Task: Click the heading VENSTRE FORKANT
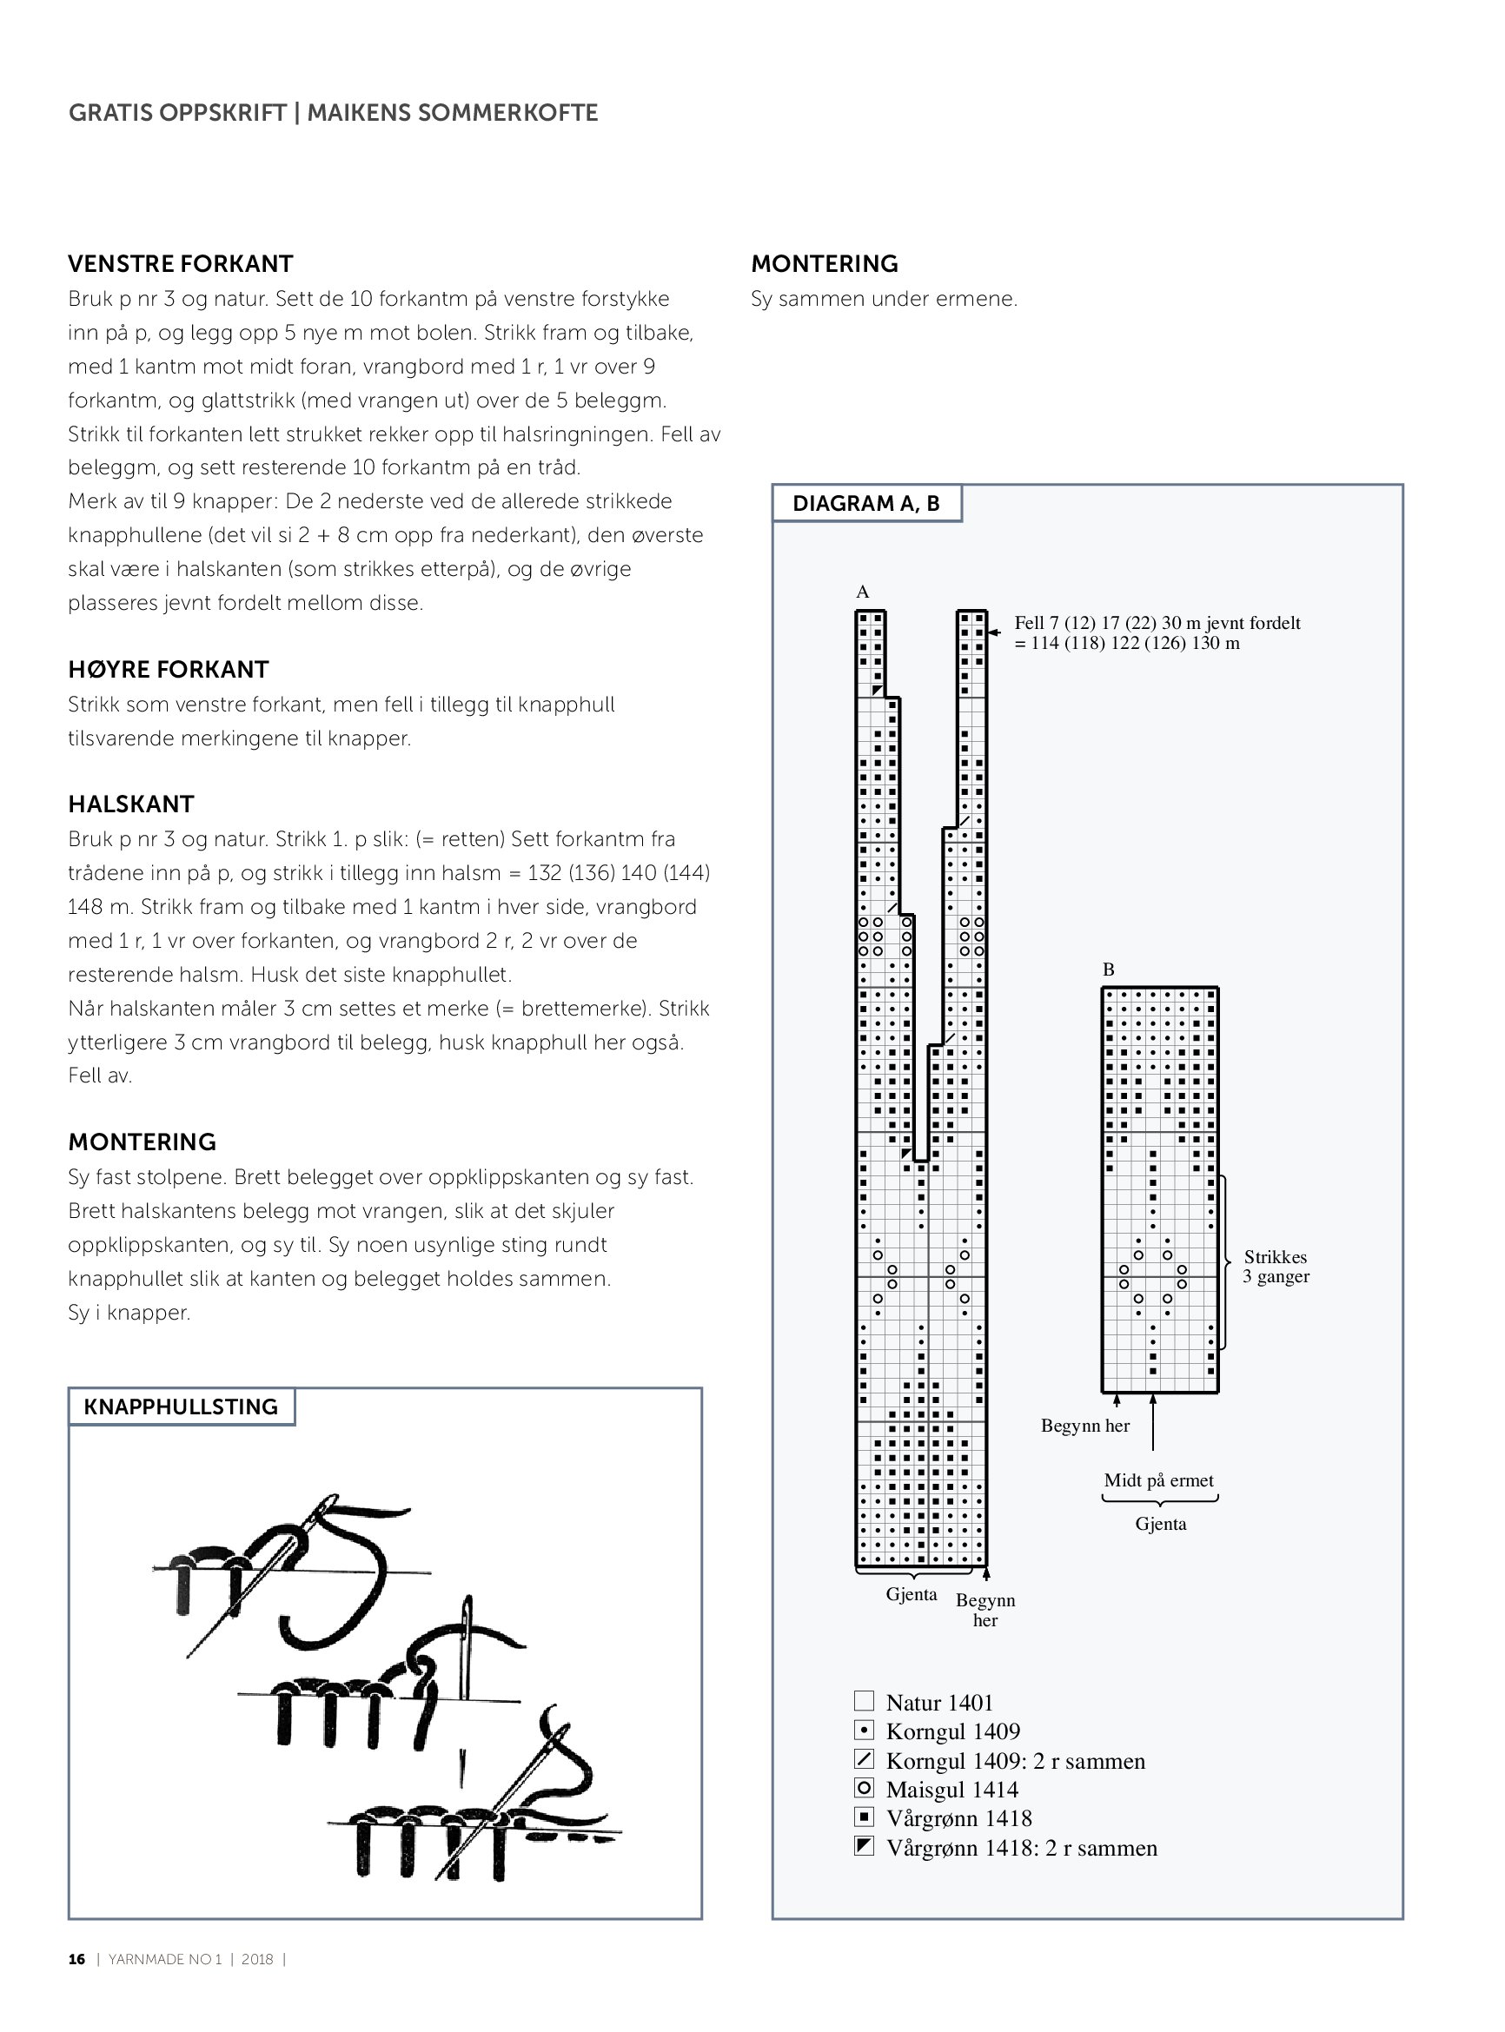click(181, 264)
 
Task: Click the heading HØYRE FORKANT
click(169, 670)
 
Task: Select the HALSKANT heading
click(131, 804)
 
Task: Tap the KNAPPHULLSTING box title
click(181, 1407)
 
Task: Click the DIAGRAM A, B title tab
click(865, 504)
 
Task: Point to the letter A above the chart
click(863, 592)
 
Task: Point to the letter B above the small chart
click(1109, 970)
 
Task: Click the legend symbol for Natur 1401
click(865, 1700)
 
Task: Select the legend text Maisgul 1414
click(952, 1790)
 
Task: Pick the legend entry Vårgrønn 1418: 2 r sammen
click(1021, 1848)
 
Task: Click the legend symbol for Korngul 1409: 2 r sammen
click(865, 1758)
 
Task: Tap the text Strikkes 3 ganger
click(1276, 1266)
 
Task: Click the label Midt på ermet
click(1159, 1480)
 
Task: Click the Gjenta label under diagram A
click(911, 1594)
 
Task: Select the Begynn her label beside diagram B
click(1085, 1426)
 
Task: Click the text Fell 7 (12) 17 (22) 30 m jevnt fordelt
click(1157, 623)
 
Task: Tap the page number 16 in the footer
click(76, 1959)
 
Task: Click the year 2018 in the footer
click(257, 1959)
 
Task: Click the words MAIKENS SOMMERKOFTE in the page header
click(452, 113)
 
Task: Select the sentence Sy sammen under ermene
click(884, 299)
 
